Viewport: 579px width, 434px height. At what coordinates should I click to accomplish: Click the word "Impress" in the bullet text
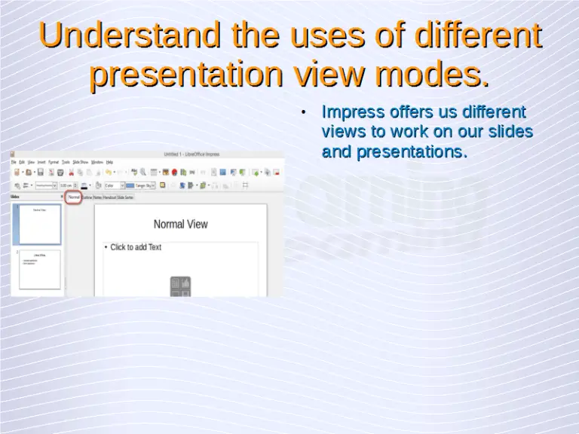(351, 112)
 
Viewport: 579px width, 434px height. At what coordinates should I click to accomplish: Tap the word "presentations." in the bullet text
(412, 151)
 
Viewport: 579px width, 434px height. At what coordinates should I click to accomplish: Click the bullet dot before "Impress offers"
(303, 114)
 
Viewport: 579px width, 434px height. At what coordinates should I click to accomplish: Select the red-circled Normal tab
(74, 197)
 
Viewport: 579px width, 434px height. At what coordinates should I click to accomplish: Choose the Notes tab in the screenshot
(97, 197)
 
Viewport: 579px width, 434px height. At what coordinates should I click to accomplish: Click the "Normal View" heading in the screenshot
(180, 224)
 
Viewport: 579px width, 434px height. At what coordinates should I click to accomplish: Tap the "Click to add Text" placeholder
(136, 247)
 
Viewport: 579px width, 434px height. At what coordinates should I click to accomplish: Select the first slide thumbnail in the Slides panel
(39, 225)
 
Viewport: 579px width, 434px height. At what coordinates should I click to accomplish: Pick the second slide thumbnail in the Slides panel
(39, 270)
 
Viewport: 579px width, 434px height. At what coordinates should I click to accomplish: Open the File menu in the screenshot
(14, 162)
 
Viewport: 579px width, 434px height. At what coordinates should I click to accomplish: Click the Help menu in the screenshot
(109, 162)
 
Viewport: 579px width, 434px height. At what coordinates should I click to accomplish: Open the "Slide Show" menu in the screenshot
(80, 162)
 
